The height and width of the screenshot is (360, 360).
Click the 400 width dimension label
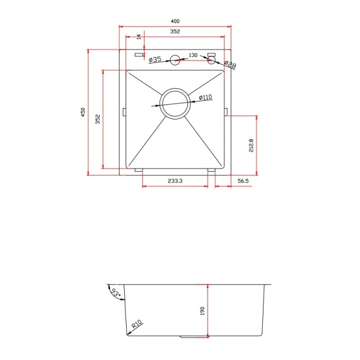coord(175,22)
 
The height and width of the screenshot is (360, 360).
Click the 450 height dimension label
coord(83,112)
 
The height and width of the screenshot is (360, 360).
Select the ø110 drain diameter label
coord(205,97)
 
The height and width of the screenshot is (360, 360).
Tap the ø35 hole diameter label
coord(155,59)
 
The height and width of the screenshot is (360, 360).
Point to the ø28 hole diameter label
coord(230,64)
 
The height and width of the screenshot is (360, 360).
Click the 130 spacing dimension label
coord(193,55)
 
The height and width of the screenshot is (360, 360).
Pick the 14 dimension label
coord(139,37)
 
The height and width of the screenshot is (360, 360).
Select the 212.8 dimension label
coord(251,145)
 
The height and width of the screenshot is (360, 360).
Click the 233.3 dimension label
coord(175,181)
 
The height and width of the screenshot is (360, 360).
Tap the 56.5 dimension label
coord(243,181)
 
